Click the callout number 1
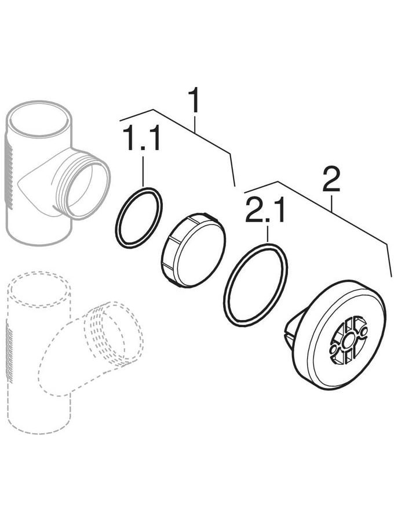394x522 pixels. click(194, 100)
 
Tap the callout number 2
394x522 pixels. click(331, 179)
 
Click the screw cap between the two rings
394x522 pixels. click(193, 249)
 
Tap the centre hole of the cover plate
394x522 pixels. click(348, 340)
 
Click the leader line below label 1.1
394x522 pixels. click(143, 171)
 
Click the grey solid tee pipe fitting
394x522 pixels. click(57, 172)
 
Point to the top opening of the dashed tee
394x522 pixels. click(39, 289)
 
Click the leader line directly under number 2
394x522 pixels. click(332, 202)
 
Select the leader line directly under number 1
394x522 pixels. click(195, 123)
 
